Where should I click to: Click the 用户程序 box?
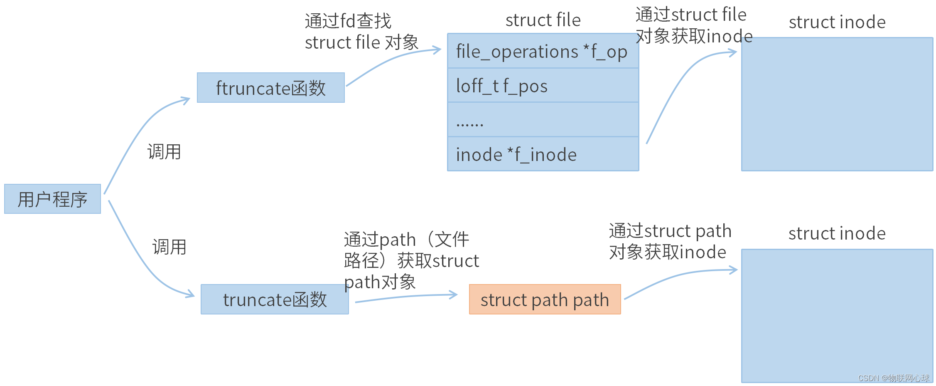52,199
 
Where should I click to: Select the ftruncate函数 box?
270,88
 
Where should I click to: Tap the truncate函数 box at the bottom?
275,299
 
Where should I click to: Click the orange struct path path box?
545,299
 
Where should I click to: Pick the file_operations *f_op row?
543,52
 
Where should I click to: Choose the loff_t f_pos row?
543,86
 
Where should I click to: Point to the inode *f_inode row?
543,154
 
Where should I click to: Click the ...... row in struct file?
543,120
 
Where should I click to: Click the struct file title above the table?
543,20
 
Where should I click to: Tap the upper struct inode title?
837,22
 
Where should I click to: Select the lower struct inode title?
837,233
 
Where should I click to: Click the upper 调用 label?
164,152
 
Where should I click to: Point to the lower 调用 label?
169,247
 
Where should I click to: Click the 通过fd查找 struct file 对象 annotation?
361,32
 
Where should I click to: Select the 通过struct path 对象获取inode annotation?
670,241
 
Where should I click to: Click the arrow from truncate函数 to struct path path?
407,297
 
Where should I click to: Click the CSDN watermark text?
893,378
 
